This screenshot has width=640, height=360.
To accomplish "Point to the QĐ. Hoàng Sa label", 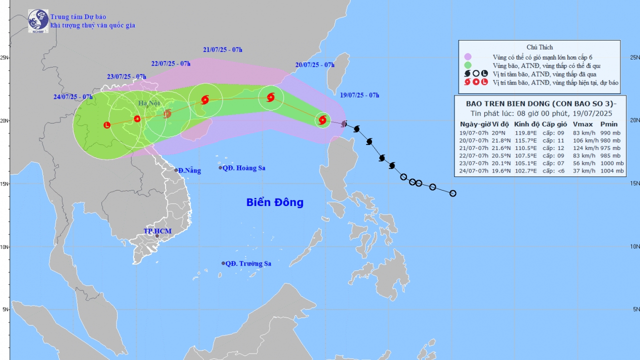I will (244, 168).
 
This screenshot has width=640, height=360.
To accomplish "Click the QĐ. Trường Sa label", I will (248, 263).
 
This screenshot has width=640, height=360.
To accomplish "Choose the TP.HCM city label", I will (157, 231).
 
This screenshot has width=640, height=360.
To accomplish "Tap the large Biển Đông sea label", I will (274, 202).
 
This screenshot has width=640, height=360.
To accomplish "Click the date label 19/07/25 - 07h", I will (359, 95).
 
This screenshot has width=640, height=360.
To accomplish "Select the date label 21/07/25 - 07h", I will (222, 49).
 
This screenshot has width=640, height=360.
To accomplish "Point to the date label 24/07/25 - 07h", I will (73, 96).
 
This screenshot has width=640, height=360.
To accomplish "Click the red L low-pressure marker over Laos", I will (107, 125).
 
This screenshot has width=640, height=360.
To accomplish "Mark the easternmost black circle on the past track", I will (452, 193).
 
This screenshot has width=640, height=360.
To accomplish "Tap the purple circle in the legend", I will (468, 57).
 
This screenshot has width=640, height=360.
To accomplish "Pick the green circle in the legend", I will (468, 65).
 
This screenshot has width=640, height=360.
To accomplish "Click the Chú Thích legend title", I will (539, 47).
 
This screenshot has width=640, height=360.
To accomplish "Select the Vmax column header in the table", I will (582, 124).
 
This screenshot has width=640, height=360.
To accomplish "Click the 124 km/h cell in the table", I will (583, 148).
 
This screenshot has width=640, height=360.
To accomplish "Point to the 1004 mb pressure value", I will (612, 171).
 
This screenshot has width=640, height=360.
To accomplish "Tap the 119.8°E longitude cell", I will (525, 132).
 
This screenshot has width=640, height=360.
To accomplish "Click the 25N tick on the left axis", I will (5, 57).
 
